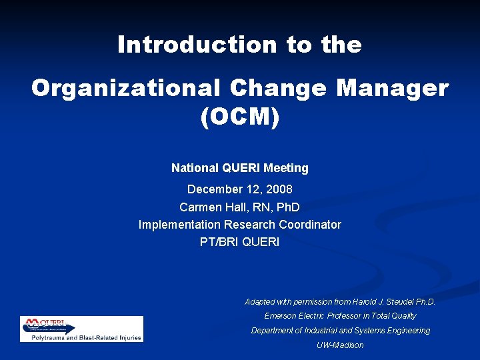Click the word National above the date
(195, 168)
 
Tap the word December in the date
(214, 189)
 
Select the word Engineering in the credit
(408, 331)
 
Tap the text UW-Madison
(340, 345)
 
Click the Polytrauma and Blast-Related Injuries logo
(81, 329)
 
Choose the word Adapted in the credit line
(260, 302)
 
